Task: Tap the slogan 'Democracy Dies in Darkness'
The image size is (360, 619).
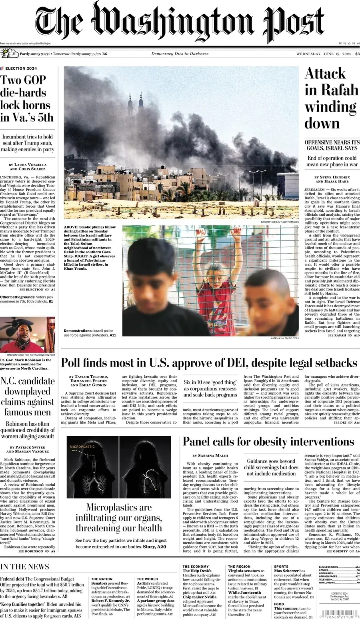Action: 180,54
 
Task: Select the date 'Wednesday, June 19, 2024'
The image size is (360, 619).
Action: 324,54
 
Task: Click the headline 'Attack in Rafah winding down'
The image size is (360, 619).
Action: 331,98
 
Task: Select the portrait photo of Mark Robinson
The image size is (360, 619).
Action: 28,335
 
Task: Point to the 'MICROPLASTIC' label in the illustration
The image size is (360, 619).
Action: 82,446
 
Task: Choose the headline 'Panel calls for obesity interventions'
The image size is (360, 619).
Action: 268,442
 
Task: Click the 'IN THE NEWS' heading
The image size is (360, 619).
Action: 25,567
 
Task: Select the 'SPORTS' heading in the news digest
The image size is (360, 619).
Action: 281,567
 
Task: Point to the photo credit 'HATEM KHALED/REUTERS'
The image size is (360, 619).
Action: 284,339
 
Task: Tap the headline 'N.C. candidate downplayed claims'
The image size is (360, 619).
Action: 28,396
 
